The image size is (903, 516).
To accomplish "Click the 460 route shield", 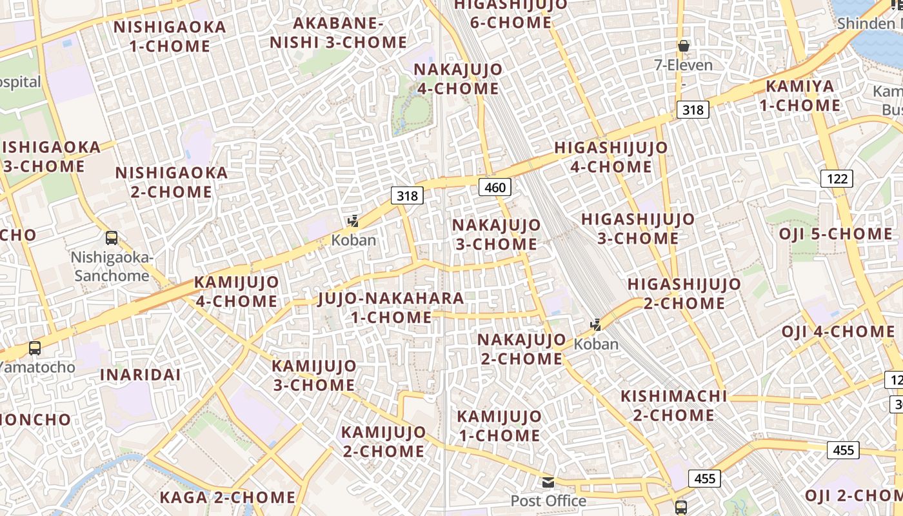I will coord(495,188).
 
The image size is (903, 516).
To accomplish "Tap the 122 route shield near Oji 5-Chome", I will coord(837,179).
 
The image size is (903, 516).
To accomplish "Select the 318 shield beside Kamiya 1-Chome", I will coord(693,110).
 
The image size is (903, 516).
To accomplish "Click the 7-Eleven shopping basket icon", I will coord(684,46).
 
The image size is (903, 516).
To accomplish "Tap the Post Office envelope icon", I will coord(548,482).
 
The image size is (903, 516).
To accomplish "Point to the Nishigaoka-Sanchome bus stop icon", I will coord(112,238).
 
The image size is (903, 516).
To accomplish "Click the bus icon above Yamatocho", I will coord(35,348).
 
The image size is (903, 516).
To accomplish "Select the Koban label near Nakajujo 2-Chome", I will coord(596,344).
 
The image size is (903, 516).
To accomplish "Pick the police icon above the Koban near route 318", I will coord(353,221).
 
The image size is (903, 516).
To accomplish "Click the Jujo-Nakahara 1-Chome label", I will coord(392,308).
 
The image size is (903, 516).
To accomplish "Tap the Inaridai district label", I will coord(140,375).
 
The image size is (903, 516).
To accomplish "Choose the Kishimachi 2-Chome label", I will coord(673,405).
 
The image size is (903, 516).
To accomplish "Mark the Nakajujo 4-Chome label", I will coord(458,79).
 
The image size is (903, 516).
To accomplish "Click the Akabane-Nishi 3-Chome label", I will coord(339,33).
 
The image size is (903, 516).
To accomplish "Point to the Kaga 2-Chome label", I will coord(227,497).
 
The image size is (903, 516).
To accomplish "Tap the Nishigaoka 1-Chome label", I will coord(170,37).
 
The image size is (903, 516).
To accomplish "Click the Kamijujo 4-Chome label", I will coord(236,292).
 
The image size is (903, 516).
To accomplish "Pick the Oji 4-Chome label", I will coord(838,332).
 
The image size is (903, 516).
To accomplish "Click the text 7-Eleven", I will coord(684,65).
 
